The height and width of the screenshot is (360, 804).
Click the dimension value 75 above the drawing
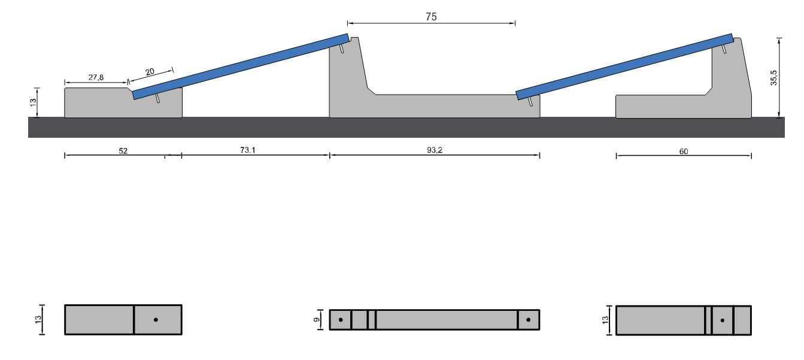click(x=431, y=17)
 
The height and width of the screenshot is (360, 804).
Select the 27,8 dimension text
click(x=96, y=77)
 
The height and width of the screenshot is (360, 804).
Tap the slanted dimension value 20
click(x=150, y=72)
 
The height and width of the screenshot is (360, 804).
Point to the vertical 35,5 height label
click(x=773, y=77)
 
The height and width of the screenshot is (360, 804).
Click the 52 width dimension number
click(x=123, y=151)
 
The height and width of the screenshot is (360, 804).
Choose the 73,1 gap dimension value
click(x=248, y=150)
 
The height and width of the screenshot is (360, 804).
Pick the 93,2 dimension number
click(x=435, y=150)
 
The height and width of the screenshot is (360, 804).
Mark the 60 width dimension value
click(x=684, y=152)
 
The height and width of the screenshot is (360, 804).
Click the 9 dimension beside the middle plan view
click(x=318, y=320)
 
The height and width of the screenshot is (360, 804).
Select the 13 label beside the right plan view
click(x=605, y=320)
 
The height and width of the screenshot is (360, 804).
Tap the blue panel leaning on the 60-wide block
click(x=624, y=65)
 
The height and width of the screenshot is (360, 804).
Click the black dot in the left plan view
click(x=156, y=320)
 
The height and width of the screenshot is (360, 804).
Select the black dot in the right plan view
click(x=723, y=320)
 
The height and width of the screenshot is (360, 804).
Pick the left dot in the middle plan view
click(x=341, y=320)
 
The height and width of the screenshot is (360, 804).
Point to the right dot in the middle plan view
click(x=528, y=320)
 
